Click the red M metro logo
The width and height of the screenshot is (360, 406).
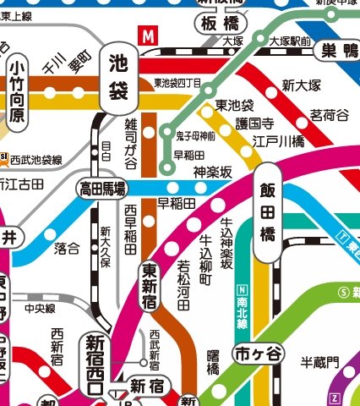[149, 36]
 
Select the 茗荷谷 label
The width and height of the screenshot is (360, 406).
[328, 114]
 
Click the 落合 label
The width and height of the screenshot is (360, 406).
[67, 248]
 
